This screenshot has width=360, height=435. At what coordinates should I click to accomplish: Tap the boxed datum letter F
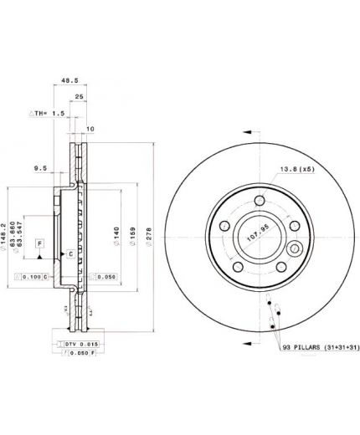[x=39, y=243]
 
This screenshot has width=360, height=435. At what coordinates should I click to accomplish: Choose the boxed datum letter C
[x=70, y=253]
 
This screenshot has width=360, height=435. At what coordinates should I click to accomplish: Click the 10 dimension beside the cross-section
[x=89, y=128]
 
